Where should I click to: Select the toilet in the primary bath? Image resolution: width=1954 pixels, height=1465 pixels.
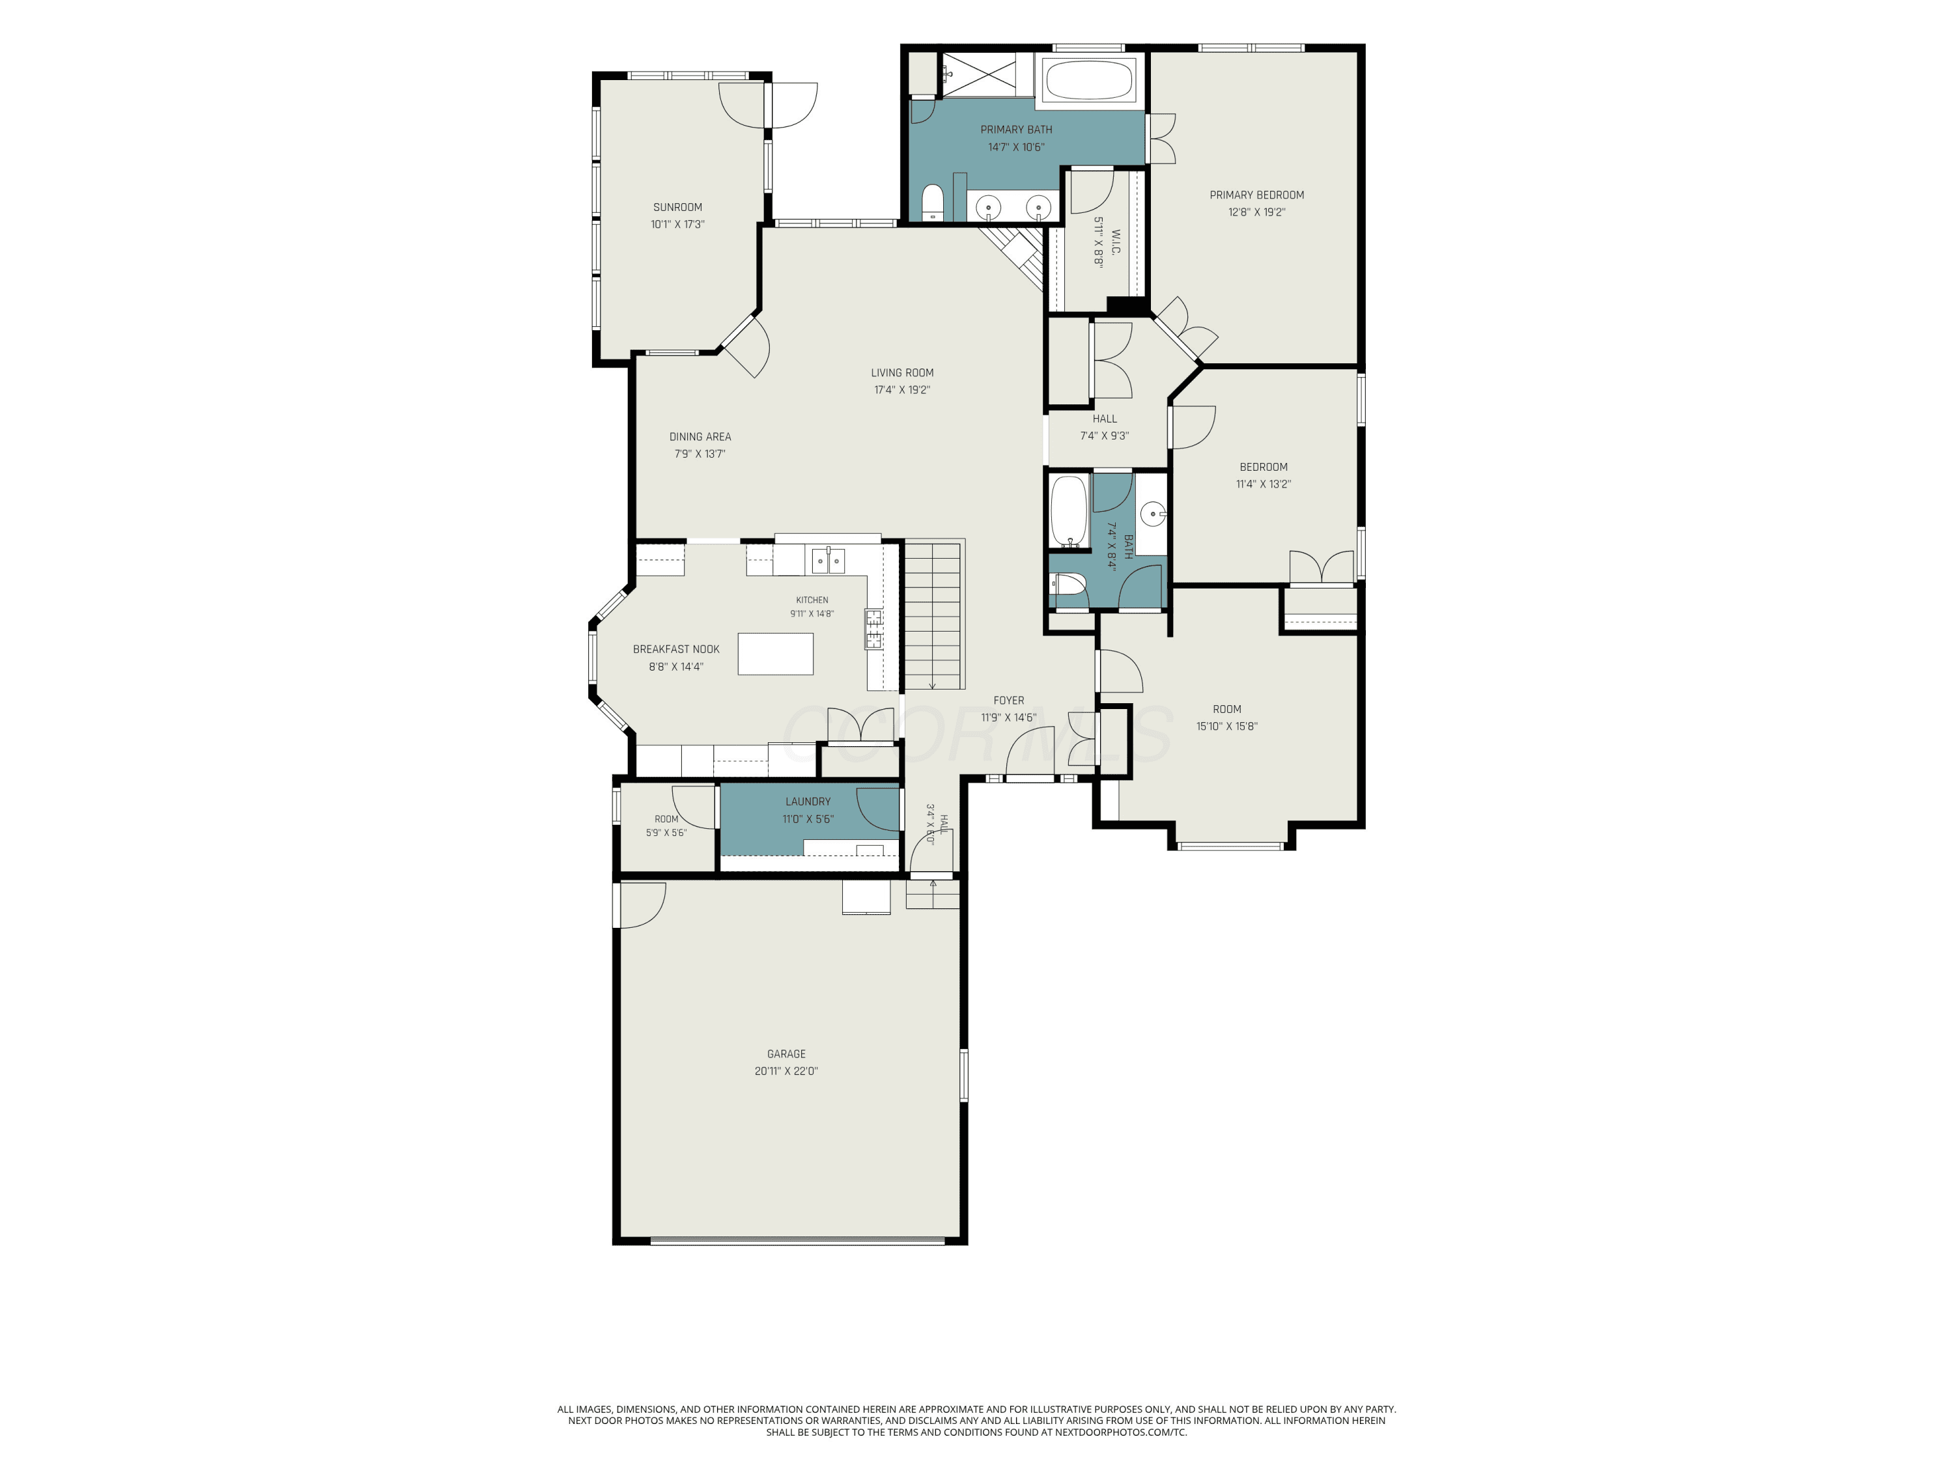point(933,203)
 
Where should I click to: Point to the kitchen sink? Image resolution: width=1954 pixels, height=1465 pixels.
point(828,561)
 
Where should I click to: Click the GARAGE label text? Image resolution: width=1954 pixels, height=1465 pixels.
point(786,1053)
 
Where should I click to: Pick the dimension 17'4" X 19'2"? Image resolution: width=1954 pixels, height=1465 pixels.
point(902,390)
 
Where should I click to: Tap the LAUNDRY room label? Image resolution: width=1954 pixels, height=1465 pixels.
point(808,802)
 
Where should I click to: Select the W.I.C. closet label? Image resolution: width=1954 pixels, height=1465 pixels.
point(1116,243)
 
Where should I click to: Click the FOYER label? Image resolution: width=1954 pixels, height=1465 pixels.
point(1009,700)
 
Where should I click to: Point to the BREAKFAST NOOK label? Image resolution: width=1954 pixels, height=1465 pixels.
point(676,649)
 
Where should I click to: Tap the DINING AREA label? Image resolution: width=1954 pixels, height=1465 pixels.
point(700,436)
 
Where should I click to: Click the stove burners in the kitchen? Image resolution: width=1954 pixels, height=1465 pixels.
point(873,629)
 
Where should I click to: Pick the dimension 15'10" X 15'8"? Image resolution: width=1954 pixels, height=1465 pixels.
point(1227,727)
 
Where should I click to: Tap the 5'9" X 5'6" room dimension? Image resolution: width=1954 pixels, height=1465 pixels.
point(666,833)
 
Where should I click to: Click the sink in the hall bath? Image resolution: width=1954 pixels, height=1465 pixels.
point(1153,513)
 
